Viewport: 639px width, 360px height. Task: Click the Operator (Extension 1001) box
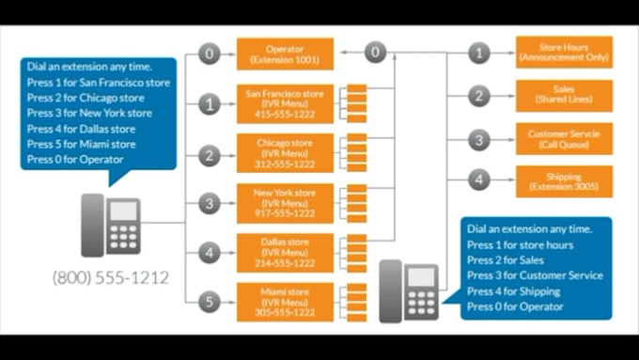tap(285, 54)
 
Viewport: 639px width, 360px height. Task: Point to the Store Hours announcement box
tap(564, 53)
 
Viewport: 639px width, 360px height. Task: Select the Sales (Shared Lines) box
tap(564, 95)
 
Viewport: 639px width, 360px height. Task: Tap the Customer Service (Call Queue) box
tap(564, 138)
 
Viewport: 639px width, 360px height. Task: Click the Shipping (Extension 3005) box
tap(564, 181)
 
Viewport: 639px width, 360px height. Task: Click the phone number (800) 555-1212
tap(111, 278)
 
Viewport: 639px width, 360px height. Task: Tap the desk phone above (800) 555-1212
tap(110, 225)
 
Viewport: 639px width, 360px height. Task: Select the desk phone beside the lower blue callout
tap(409, 290)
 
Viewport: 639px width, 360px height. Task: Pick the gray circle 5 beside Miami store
tap(210, 302)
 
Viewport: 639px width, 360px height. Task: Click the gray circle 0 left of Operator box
tap(210, 54)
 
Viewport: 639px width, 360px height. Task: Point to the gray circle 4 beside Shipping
tap(479, 180)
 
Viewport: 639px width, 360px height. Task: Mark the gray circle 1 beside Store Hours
tap(479, 54)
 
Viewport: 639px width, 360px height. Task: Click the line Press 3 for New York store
tap(89, 114)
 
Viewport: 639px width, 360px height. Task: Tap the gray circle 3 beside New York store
tap(210, 202)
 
